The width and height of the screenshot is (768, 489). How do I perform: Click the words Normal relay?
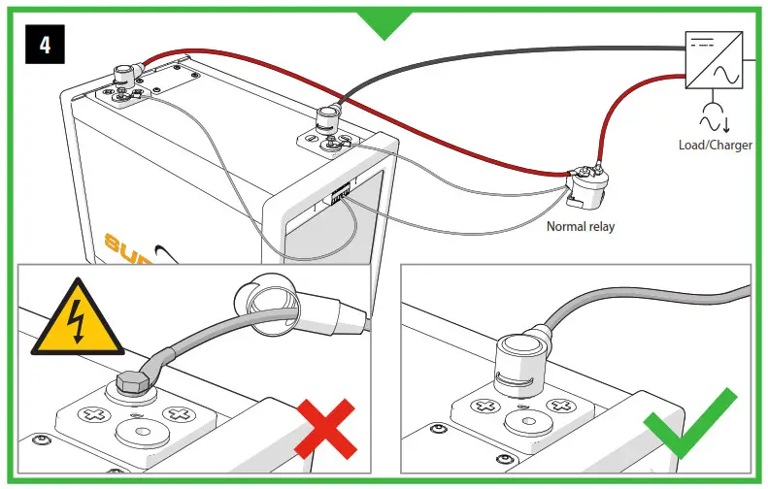(580, 227)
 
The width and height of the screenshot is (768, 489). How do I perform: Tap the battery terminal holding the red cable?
(124, 74)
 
